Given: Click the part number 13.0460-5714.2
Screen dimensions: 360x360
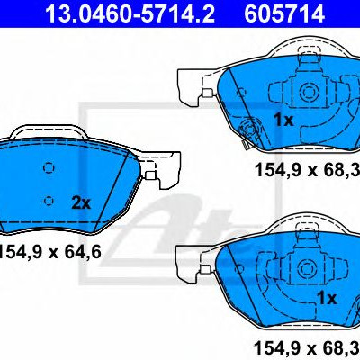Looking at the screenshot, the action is (130, 13).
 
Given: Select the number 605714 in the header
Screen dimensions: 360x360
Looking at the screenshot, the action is (284, 13).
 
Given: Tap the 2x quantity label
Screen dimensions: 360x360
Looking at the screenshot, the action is (81, 203).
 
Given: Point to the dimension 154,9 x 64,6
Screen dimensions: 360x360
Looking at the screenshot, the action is (49, 252).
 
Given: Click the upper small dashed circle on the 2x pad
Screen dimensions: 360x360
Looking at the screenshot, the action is (49, 168).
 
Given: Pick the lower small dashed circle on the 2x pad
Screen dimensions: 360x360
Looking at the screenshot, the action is (49, 201).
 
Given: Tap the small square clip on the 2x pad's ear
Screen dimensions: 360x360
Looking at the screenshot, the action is (150, 175).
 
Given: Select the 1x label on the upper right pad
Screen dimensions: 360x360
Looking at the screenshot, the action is (283, 120).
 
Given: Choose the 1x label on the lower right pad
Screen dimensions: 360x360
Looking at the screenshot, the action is (327, 298).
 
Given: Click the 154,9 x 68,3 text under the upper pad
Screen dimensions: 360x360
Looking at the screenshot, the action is (307, 170).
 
